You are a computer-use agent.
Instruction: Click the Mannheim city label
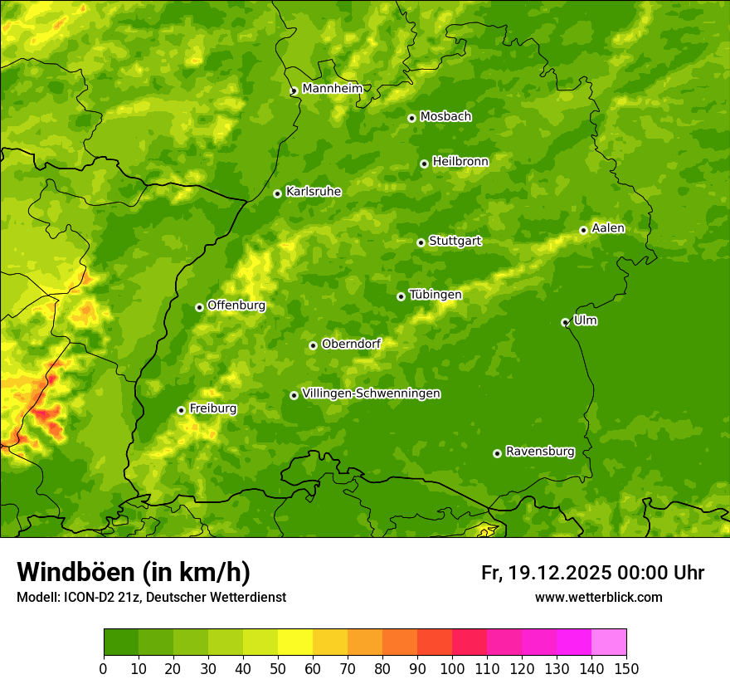point(332,89)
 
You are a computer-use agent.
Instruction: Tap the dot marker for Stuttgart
point(421,242)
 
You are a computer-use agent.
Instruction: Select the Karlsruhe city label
point(313,192)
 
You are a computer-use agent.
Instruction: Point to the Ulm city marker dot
point(565,322)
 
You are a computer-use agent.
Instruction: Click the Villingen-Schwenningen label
point(371,393)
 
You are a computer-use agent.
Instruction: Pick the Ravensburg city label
point(539,452)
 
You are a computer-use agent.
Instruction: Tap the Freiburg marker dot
point(181,410)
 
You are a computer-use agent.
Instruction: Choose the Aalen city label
point(607,228)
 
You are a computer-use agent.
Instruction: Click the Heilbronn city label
point(460,162)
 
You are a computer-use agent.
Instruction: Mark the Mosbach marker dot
point(411,118)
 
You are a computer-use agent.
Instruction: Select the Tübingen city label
point(435,295)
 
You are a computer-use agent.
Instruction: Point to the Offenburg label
point(236,305)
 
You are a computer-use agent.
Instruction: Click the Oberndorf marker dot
point(313,345)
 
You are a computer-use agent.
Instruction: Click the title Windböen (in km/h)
point(133,572)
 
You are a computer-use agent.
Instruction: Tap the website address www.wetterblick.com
point(598,597)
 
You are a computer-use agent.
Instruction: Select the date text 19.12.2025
point(560,573)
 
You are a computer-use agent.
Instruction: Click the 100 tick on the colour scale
point(452,667)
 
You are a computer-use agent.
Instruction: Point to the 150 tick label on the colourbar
point(626,667)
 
